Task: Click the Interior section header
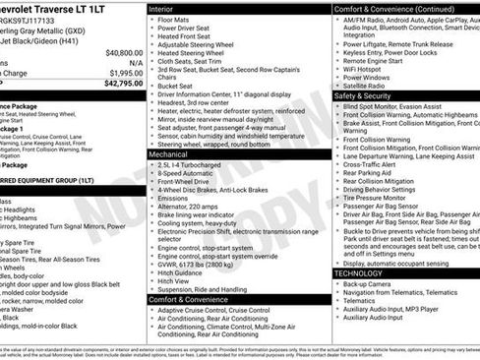click(161, 8)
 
